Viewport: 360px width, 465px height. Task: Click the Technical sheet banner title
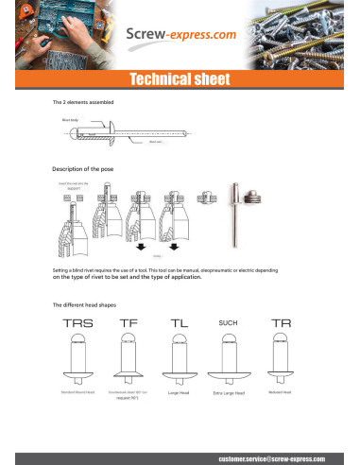180,78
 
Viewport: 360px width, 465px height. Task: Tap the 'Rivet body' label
71,121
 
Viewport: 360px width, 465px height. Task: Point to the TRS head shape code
78,323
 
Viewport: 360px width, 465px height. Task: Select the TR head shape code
281,323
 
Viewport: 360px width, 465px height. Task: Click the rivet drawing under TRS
78,360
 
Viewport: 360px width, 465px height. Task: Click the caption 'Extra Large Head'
229,392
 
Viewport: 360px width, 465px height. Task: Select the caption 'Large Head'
180,391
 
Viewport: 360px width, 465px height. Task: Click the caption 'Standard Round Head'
79,390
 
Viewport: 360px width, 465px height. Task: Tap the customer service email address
272,456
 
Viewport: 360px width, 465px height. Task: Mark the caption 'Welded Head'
281,390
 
